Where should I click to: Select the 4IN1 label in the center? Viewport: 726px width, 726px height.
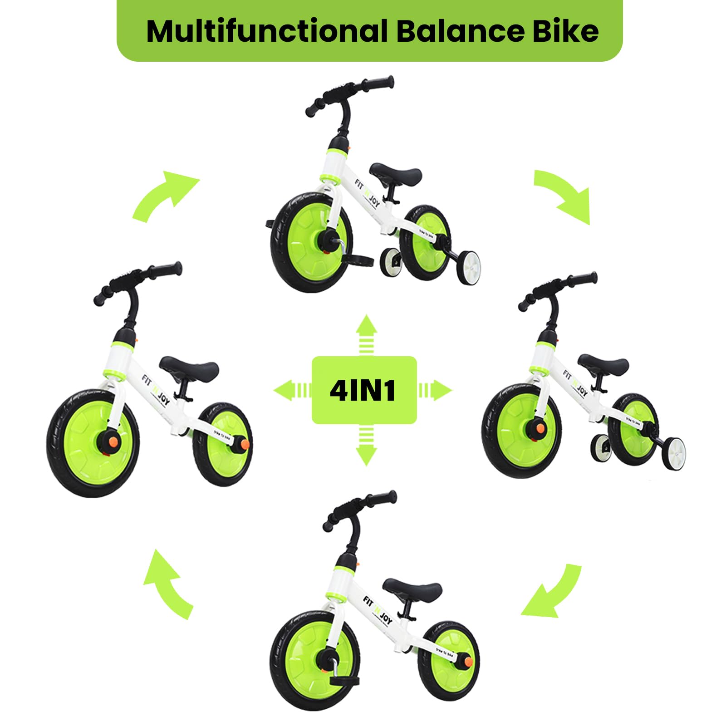point(363,390)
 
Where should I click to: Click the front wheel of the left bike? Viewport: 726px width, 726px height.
point(93,442)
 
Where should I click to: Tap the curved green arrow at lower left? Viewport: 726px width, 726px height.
point(167,584)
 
